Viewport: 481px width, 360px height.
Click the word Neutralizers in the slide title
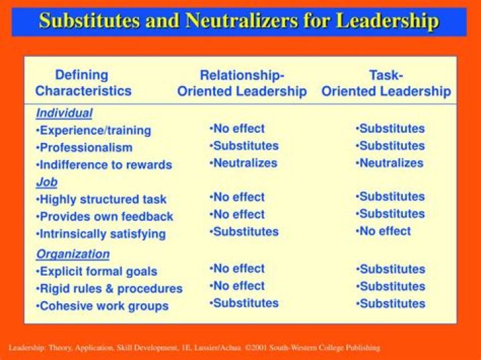pos(241,21)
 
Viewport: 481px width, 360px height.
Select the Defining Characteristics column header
pos(83,83)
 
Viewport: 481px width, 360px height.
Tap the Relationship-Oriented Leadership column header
pos(242,83)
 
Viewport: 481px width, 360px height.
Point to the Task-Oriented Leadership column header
pos(386,83)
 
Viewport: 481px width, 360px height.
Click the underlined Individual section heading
pos(64,113)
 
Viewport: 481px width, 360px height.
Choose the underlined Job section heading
pos(47,182)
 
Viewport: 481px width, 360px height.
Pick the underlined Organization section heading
pos(73,254)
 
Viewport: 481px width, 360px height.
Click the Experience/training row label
pos(94,130)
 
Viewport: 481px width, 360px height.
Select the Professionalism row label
pos(84,148)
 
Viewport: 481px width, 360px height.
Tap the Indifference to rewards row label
pos(104,165)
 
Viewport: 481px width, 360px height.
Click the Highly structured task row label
pos(102,199)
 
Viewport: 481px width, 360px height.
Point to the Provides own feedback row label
pos(105,216)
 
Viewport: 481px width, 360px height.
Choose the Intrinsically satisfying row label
pos(101,234)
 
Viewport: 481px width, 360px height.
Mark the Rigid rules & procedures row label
pos(109,289)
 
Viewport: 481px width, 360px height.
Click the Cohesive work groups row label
pos(102,306)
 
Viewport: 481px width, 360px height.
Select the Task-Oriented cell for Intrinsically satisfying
pos(383,231)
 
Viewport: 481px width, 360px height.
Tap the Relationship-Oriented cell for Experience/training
pos(236,128)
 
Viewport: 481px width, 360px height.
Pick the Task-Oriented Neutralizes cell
pos(389,163)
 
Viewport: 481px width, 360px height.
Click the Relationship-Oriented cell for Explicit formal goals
pos(236,268)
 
